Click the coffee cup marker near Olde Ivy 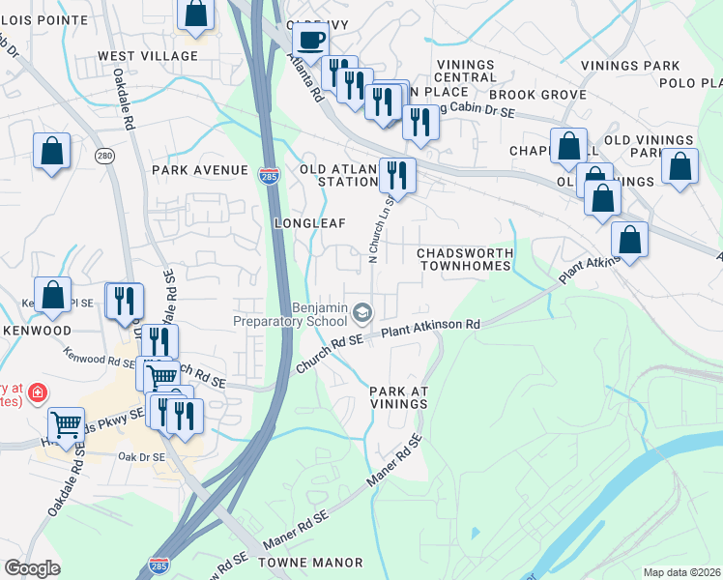click(x=310, y=41)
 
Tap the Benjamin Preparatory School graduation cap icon click(x=362, y=311)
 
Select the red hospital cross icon click(x=37, y=393)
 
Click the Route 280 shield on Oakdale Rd click(x=104, y=155)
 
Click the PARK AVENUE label click(x=200, y=170)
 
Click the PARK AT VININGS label click(x=398, y=397)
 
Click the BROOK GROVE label click(x=537, y=95)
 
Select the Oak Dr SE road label click(x=141, y=456)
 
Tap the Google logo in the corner click(x=32, y=568)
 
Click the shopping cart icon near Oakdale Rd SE click(x=66, y=422)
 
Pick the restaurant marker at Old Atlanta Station click(x=397, y=174)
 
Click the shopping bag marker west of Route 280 click(x=51, y=151)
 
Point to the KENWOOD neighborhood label click(x=37, y=331)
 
